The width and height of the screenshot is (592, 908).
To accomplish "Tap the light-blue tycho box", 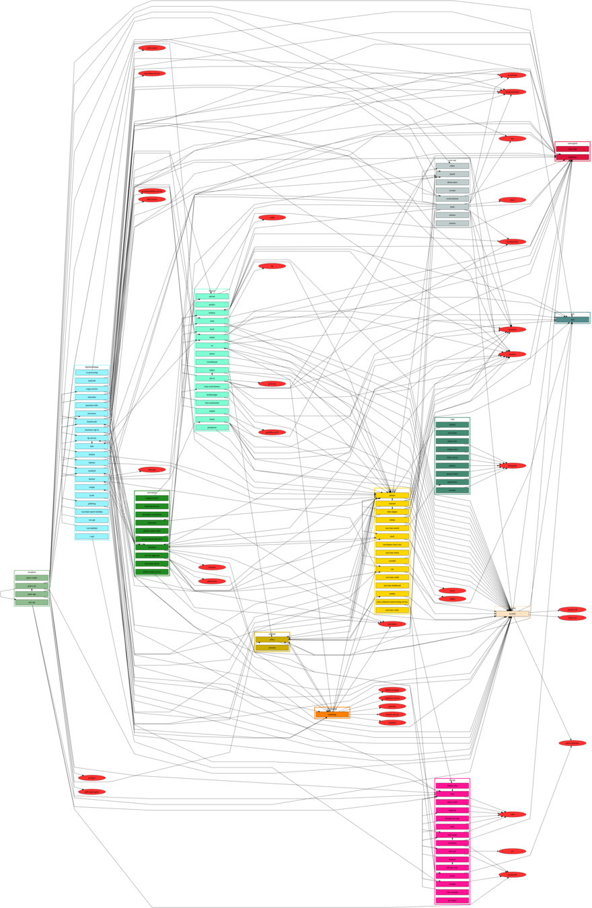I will click(91, 495).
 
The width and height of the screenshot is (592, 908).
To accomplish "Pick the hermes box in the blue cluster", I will click(91, 478).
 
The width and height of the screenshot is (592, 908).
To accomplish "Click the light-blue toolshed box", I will click(91, 470).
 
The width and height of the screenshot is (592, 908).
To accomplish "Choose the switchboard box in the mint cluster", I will click(212, 362).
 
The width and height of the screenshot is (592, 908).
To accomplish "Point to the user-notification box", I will click(212, 402).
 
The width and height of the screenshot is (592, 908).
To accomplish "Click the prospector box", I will click(212, 426).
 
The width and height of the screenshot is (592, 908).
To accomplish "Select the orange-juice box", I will click(452, 449).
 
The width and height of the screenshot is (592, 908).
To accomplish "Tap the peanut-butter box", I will click(452, 474).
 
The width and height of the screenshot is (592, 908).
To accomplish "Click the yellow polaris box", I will click(392, 495).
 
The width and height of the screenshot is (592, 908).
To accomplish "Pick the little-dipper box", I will click(392, 511).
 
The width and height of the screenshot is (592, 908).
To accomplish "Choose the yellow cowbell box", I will click(392, 560).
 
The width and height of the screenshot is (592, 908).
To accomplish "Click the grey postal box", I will click(452, 174).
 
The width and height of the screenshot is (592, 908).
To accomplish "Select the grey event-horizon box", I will click(452, 198).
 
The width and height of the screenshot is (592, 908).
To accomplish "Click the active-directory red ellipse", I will click(572, 743).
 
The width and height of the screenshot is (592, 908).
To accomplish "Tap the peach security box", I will click(512, 614).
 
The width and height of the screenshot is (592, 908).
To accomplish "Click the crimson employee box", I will click(572, 157).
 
